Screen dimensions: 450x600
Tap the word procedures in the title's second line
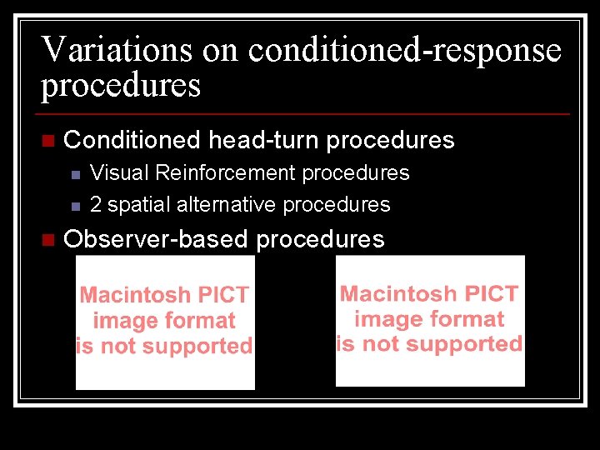(x=121, y=86)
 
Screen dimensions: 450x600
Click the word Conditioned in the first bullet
(x=132, y=140)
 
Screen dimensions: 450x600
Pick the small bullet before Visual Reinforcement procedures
(x=75, y=174)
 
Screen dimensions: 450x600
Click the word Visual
(x=119, y=173)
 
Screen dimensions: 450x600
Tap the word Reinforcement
(x=225, y=173)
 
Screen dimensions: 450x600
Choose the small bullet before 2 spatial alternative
(x=75, y=205)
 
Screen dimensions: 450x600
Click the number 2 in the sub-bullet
(x=96, y=204)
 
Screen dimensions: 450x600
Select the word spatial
(x=136, y=204)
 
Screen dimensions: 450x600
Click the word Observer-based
(x=156, y=240)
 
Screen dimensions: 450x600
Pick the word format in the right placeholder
(x=472, y=318)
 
